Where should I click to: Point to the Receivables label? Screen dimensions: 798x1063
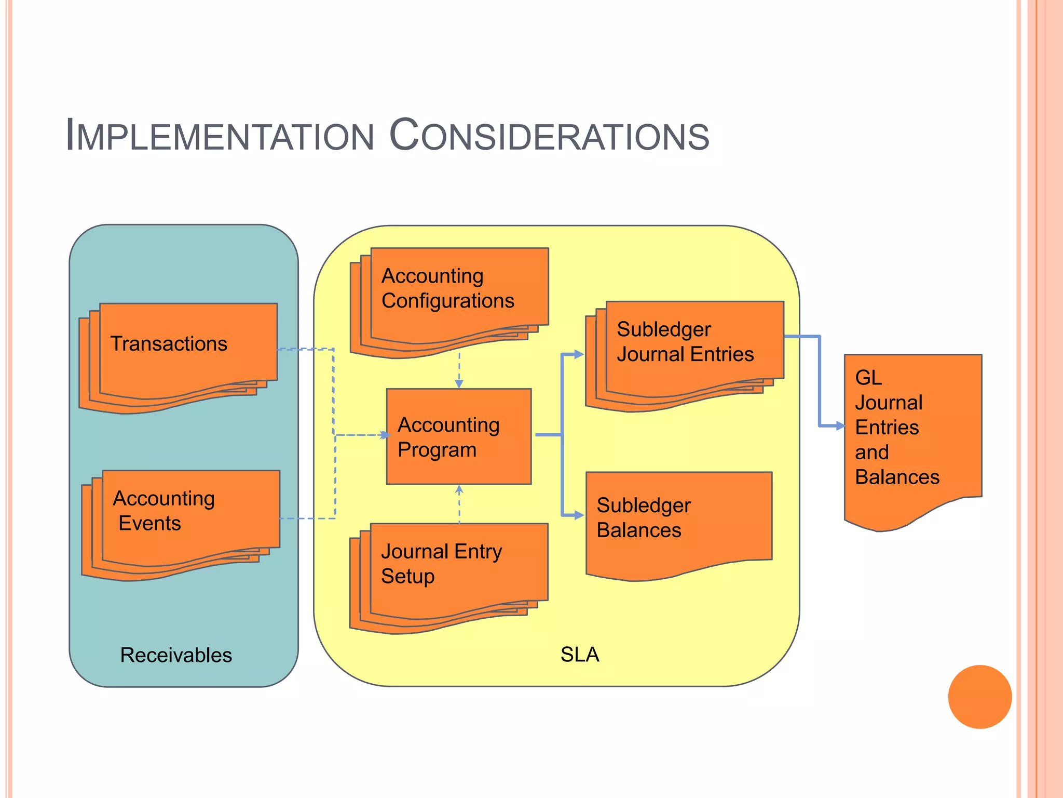pyautogui.click(x=176, y=655)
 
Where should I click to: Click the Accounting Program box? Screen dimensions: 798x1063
pyautogui.click(x=459, y=436)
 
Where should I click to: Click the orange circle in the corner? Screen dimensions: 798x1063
pyautogui.click(x=979, y=697)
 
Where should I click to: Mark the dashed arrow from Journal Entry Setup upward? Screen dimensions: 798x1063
pyautogui.click(x=459, y=504)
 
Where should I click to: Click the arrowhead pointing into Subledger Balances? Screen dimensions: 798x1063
pyautogui.click(x=579, y=515)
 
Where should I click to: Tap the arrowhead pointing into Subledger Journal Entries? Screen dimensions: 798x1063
pyautogui.click(x=579, y=355)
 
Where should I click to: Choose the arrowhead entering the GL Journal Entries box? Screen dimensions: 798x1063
pyautogui.click(x=840, y=426)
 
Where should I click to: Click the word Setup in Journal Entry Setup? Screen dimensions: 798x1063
pyautogui.click(x=407, y=576)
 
